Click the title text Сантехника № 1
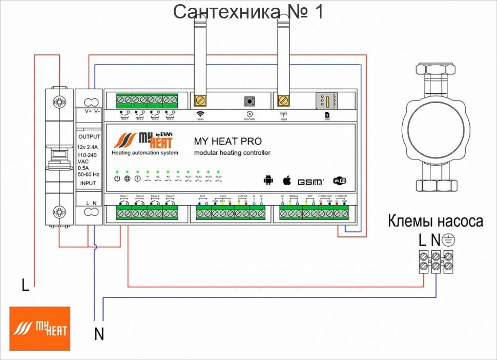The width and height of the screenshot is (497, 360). pos(248,11)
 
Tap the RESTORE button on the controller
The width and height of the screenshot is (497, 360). pos(250,101)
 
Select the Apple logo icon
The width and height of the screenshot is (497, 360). pos(287,180)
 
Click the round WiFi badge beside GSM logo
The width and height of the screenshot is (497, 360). pos(340,181)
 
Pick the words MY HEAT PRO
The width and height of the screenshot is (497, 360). pos(227,141)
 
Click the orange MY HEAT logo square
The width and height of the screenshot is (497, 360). pos(39,328)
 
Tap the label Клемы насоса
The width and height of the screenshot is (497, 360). pos(435,222)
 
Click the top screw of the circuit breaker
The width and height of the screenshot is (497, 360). pos(59,102)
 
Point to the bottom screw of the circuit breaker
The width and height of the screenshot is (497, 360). pos(59,212)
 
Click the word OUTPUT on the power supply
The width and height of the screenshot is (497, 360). pos(89,137)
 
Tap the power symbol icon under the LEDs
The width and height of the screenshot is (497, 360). pos(117,178)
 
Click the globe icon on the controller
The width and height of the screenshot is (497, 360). pos(127,178)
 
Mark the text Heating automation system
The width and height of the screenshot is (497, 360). pos(145,153)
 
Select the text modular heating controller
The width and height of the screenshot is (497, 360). pos(232,153)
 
